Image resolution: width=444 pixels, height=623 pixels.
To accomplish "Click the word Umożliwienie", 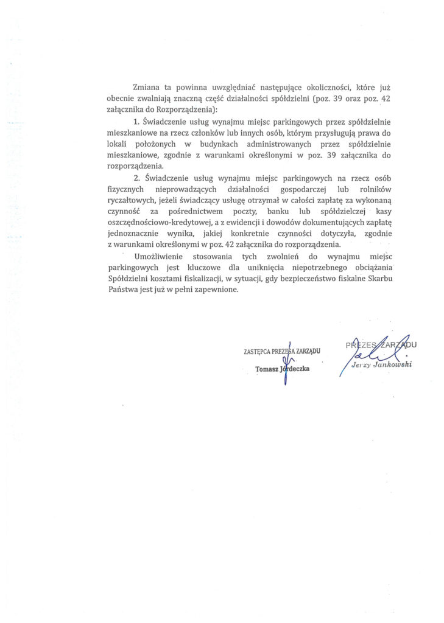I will [160, 257].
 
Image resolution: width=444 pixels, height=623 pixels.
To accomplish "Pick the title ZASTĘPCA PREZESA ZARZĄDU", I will [281, 351].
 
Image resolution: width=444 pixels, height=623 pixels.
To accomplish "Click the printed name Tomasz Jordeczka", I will [283, 369].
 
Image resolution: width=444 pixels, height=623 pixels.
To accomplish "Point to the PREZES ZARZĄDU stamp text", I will [381, 346].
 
